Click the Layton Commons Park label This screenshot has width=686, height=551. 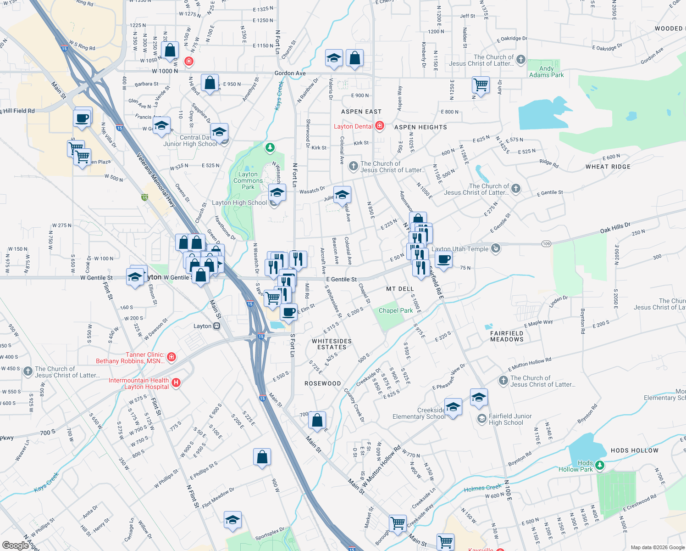[248, 180]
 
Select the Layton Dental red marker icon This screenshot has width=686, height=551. [380, 126]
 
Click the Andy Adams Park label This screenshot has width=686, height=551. [546, 72]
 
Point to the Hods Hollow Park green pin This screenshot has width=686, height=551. [599, 465]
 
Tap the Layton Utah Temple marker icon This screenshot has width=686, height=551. [495, 248]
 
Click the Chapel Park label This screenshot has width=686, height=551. [395, 310]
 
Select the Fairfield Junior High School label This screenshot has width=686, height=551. [510, 419]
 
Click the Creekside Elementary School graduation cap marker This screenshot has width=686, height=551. [453, 407]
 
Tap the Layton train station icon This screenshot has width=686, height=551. [217, 326]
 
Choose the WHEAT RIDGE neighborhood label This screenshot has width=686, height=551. [608, 167]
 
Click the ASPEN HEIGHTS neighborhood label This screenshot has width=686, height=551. [420, 127]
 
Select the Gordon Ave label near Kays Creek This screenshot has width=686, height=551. [290, 73]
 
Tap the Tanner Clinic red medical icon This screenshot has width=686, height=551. [171, 357]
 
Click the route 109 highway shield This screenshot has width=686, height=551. [546, 243]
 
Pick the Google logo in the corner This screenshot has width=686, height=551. [15, 545]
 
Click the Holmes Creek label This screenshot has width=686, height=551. [482, 488]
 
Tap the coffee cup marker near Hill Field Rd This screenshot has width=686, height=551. [82, 118]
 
